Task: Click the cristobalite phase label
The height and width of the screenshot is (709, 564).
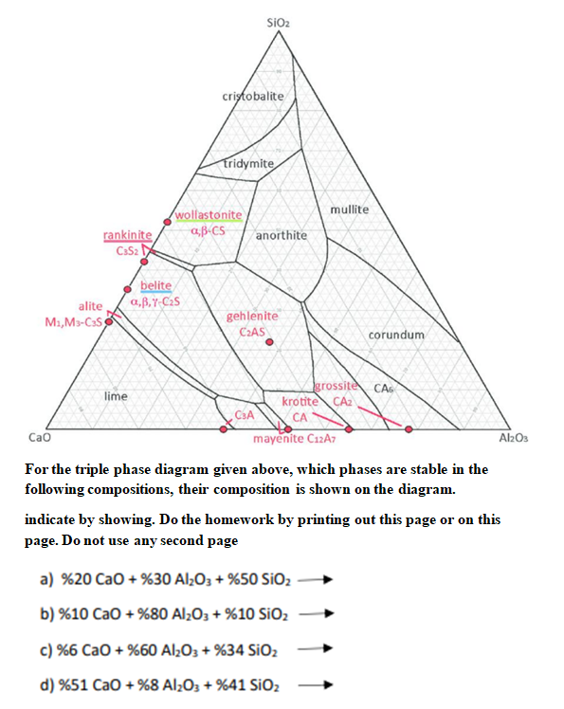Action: tap(252, 98)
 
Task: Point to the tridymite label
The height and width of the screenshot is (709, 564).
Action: tap(249, 164)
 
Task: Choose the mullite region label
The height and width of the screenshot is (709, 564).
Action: tap(349, 209)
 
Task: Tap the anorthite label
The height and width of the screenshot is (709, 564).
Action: tap(282, 234)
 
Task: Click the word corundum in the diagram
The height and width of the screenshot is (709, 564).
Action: tap(396, 335)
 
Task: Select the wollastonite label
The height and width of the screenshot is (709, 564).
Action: tap(209, 215)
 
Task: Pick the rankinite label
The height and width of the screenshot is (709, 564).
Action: tap(127, 235)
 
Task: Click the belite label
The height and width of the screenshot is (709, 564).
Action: tap(155, 286)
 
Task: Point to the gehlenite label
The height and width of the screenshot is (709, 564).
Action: tap(253, 316)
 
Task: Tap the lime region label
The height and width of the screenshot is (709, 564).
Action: tap(116, 395)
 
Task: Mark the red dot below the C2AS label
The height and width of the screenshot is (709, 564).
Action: tap(269, 344)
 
